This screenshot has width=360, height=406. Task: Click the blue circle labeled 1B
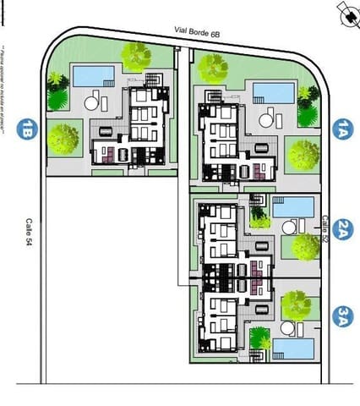[30, 129]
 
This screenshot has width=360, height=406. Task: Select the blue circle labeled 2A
[341, 228]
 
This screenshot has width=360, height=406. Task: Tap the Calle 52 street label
[325, 227]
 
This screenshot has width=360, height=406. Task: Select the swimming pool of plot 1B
[93, 76]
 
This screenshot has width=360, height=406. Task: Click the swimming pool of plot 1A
[274, 91]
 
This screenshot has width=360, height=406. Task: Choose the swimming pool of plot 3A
[292, 348]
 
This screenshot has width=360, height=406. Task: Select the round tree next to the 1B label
[63, 137]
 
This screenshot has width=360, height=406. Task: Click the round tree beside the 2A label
[304, 246]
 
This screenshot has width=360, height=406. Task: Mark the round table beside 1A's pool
[266, 120]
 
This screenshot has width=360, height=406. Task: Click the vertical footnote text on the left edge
[7, 93]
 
